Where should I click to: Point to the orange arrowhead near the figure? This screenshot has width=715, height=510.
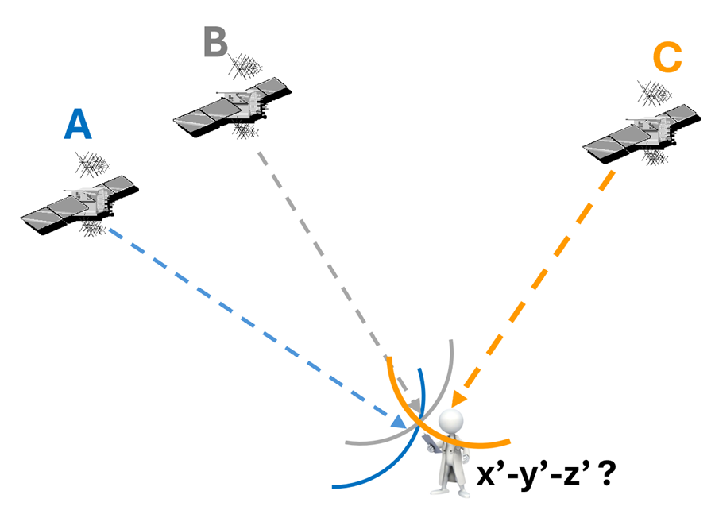tap(456, 400)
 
